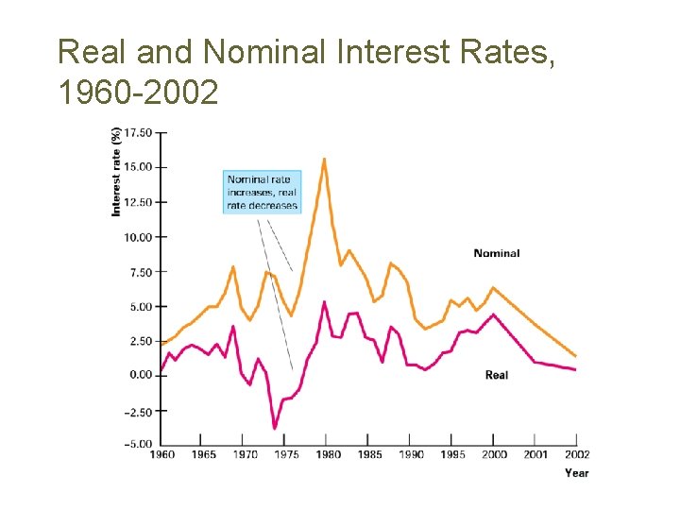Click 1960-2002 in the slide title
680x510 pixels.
[x=138, y=92]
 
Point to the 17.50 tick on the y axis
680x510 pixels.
[x=138, y=133]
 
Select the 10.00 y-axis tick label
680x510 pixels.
[x=138, y=237]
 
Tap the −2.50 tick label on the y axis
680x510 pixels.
[x=137, y=411]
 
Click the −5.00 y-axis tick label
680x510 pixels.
[x=137, y=444]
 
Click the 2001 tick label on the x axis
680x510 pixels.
[x=535, y=455]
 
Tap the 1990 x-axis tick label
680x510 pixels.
[x=410, y=455]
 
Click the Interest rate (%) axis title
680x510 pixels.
[x=116, y=172]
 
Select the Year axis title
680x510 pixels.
[x=576, y=472]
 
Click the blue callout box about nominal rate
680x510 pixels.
[x=262, y=192]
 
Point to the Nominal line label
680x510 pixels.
[x=496, y=253]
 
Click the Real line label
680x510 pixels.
[x=496, y=375]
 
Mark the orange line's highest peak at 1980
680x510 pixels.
[x=325, y=159]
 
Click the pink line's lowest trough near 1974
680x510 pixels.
[x=275, y=428]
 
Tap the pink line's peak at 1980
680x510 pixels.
[x=324, y=302]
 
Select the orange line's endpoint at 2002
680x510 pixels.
[x=575, y=356]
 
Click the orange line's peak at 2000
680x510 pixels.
[x=492, y=287]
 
